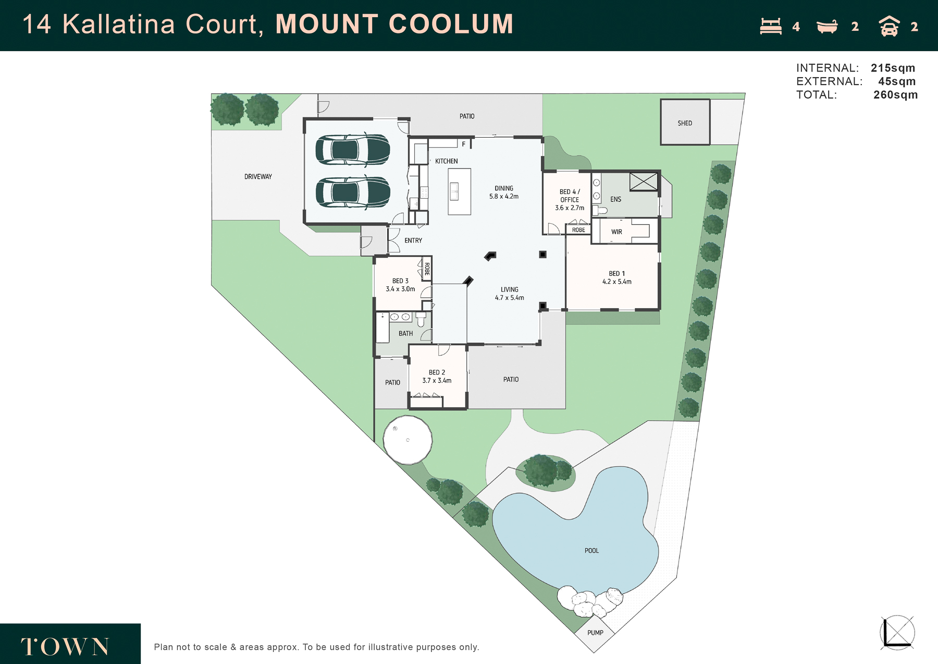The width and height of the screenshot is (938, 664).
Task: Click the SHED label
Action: (685, 123)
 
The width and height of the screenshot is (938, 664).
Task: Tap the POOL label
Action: (591, 550)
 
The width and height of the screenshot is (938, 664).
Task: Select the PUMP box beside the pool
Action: (595, 633)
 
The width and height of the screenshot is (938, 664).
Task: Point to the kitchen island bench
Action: (459, 191)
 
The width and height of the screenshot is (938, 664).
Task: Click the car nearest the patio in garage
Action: (353, 150)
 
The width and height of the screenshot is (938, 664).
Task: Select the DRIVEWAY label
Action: (258, 177)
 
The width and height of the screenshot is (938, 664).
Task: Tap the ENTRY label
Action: (413, 240)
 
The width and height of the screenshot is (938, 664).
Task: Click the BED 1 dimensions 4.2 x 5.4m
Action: (617, 282)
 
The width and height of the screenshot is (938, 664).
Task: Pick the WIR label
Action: (616, 232)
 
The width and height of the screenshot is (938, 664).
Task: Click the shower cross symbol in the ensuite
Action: (644, 182)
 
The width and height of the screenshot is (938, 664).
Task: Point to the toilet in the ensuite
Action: (600, 210)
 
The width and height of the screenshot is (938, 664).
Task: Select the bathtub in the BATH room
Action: (382, 327)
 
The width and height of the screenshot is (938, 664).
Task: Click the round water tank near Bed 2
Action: (408, 440)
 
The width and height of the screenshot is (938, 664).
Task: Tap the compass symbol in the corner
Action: (897, 633)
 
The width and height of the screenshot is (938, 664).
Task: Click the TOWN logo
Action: (65, 647)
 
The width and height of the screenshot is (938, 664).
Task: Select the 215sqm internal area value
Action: (893, 68)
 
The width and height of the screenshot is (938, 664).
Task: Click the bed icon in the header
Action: (771, 27)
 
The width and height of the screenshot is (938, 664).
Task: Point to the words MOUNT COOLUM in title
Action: (394, 24)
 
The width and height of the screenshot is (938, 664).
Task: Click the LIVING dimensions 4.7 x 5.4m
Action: (510, 298)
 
